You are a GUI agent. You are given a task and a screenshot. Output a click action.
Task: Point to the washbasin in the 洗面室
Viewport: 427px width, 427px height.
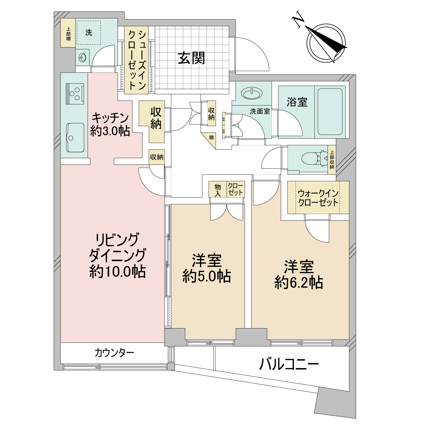pyautogui.click(x=252, y=93)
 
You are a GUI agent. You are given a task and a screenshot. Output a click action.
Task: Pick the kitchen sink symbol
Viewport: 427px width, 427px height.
pyautogui.click(x=75, y=137)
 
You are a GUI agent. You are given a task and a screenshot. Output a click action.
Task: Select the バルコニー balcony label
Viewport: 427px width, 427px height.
pyautogui.click(x=289, y=364)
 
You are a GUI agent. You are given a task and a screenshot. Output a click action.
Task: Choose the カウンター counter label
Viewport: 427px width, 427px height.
pyautogui.click(x=114, y=353)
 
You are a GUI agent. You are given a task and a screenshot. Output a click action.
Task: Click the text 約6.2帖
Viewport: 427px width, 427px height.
pyautogui.click(x=299, y=283)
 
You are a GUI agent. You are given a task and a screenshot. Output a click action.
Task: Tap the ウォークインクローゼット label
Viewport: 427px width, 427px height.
pyautogui.click(x=318, y=198)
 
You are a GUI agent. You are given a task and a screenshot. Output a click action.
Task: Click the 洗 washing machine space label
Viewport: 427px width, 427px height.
pyautogui.click(x=89, y=32)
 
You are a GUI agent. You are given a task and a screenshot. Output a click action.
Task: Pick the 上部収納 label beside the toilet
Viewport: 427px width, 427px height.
pyautogui.click(x=332, y=160)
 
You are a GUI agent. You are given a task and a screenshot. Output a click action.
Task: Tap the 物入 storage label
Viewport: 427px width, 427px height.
pyautogui.click(x=218, y=190)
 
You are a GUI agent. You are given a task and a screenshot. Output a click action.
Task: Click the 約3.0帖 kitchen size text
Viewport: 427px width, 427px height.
pyautogui.click(x=110, y=131)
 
